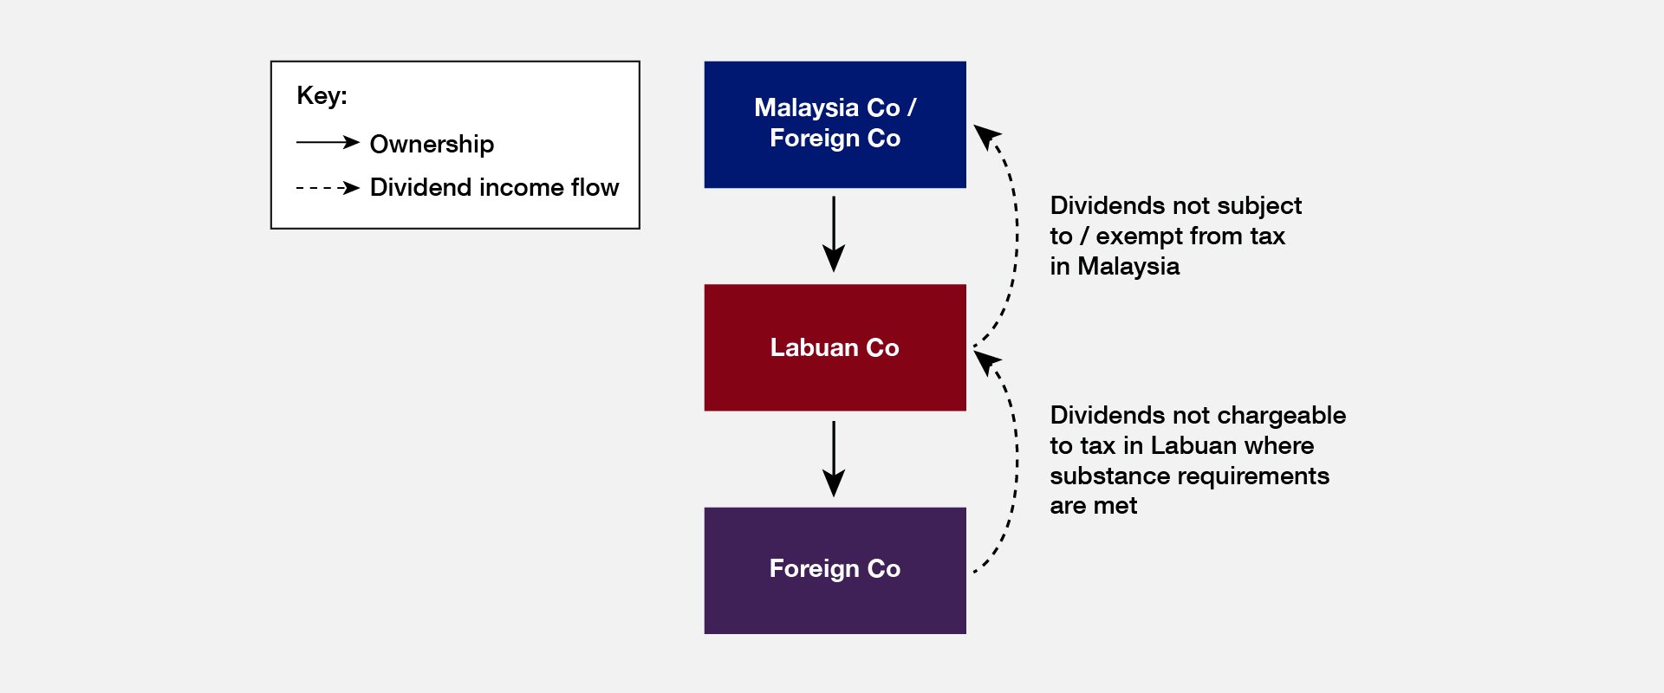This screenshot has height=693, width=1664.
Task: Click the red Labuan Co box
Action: click(x=835, y=347)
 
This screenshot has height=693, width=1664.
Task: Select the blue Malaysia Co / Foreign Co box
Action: click(x=835, y=124)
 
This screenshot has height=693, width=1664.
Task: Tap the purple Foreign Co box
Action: click(x=835, y=570)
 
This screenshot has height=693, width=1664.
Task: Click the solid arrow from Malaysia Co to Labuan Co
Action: click(x=834, y=234)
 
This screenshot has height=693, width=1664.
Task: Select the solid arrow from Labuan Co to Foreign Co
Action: click(x=834, y=458)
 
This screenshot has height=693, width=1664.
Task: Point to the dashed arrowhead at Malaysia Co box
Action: click(x=986, y=137)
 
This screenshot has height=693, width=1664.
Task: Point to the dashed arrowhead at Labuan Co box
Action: click(x=986, y=361)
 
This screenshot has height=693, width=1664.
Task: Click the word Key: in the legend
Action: click(x=322, y=95)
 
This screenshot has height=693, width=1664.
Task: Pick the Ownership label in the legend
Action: click(x=432, y=144)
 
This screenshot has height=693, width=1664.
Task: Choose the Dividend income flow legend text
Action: click(x=494, y=187)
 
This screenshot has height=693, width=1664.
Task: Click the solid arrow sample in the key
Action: click(x=328, y=142)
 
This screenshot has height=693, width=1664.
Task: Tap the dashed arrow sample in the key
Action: click(x=328, y=187)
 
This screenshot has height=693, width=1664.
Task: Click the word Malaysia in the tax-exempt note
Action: click(x=1128, y=266)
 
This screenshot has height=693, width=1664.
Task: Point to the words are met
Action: click(x=1093, y=506)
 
